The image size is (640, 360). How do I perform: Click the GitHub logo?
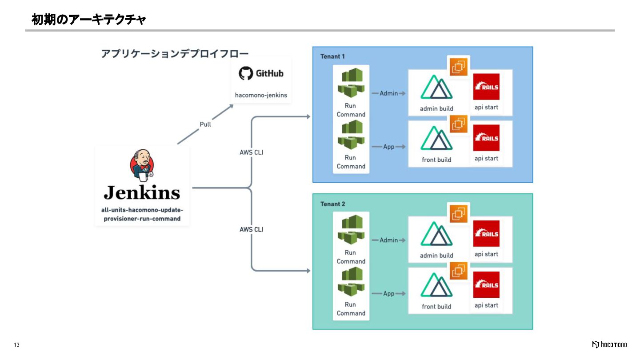click(x=261, y=73)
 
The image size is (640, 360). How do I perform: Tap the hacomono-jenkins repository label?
click(x=261, y=95)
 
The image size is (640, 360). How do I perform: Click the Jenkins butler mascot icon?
click(x=142, y=166)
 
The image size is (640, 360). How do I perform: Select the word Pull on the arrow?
click(x=205, y=124)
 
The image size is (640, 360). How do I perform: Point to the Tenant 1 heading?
click(x=332, y=56)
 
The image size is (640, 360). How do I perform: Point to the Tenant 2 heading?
click(x=332, y=204)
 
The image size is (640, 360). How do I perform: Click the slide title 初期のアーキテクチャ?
click(x=88, y=20)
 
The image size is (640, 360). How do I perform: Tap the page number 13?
click(x=17, y=345)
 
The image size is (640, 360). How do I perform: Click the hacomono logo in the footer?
click(x=609, y=344)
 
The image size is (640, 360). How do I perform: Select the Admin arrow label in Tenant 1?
click(x=388, y=93)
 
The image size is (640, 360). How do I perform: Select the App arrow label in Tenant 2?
click(x=389, y=293)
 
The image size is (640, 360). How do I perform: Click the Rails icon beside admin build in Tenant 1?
click(x=486, y=87)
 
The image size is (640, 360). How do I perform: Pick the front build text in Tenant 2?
click(x=436, y=307)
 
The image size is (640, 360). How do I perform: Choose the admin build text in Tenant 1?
click(x=436, y=108)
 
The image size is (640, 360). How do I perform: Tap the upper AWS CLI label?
click(x=252, y=152)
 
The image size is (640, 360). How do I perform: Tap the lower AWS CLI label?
click(x=252, y=229)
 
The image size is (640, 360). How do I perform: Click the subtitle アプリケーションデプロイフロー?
click(x=175, y=54)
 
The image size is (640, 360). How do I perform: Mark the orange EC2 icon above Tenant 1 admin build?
click(x=459, y=67)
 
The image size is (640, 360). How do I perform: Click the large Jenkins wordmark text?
click(x=142, y=192)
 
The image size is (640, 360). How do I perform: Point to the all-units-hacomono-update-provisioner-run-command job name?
click(x=142, y=214)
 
